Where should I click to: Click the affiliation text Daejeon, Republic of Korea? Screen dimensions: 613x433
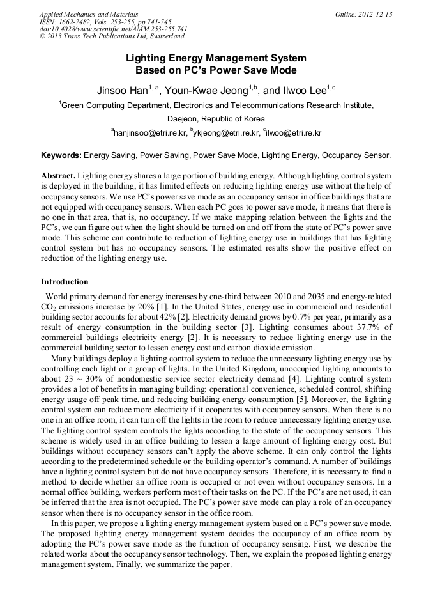pos(216,119)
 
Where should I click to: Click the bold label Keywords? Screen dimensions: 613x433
pos(61,155)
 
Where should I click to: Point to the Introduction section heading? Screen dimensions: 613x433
pos(65,282)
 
